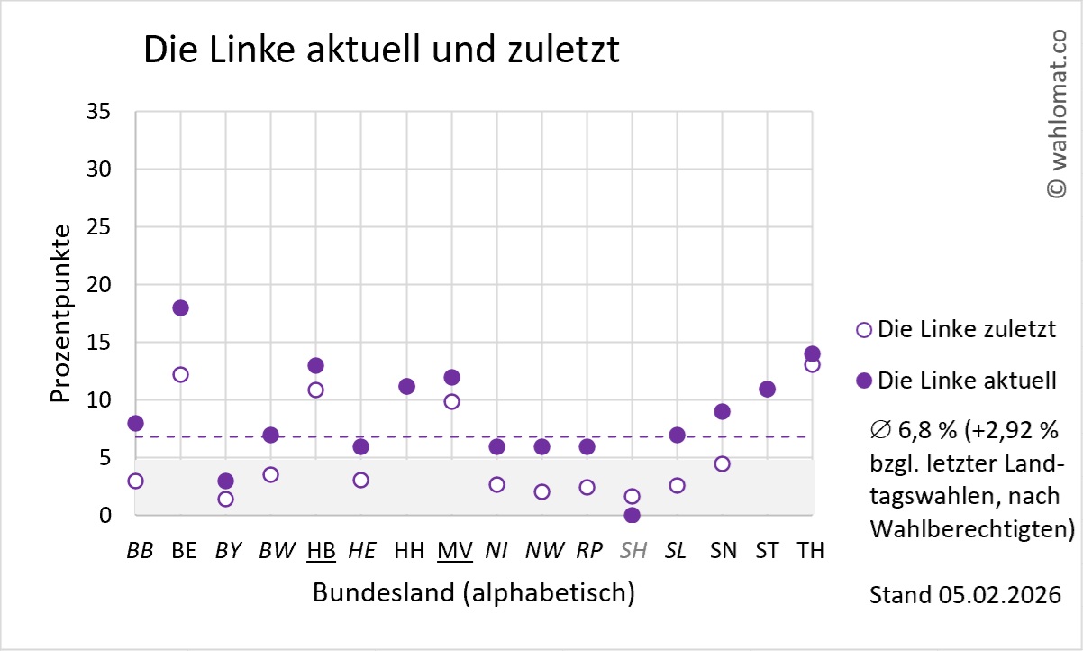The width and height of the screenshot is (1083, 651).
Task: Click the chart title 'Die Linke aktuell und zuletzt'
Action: pyautogui.click(x=381, y=50)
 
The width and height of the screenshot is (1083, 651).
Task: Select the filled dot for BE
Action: pyautogui.click(x=180, y=307)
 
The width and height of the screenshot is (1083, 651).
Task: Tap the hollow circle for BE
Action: pyautogui.click(x=180, y=374)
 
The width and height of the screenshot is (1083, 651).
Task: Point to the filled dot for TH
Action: pyautogui.click(x=812, y=353)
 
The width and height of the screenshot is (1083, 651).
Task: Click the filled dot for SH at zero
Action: pyautogui.click(x=632, y=515)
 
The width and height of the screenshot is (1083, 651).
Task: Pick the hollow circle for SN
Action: pyautogui.click(x=722, y=463)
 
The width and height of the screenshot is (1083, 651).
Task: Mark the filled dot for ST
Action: pyautogui.click(x=767, y=389)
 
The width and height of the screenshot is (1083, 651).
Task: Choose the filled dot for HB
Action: pyautogui.click(x=315, y=365)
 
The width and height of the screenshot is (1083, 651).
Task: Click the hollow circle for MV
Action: pyautogui.click(x=451, y=401)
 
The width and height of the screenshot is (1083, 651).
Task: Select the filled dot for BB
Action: pyautogui.click(x=135, y=423)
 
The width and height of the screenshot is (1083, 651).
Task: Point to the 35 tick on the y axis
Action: pyautogui.click(x=99, y=112)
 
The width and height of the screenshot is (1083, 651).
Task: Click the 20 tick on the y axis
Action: pyautogui.click(x=99, y=285)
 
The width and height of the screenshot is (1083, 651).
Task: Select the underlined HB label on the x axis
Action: pyautogui.click(x=321, y=550)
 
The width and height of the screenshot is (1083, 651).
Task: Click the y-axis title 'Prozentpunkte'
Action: pyautogui.click(x=61, y=314)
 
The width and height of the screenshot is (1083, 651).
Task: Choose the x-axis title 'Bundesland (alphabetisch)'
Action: pyautogui.click(x=473, y=593)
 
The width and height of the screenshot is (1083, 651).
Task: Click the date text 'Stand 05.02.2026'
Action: pyautogui.click(x=964, y=596)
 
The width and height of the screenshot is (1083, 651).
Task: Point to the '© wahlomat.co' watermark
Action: pyautogui.click(x=1056, y=113)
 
